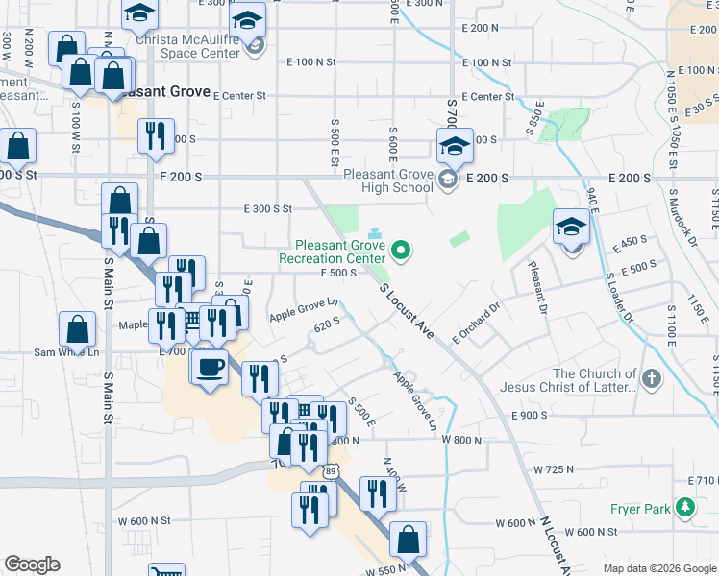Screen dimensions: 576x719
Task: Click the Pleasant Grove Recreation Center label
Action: pyautogui.click(x=333, y=252)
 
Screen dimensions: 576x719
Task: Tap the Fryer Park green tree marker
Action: pyautogui.click(x=684, y=506)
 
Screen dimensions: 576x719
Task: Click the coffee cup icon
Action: pyautogui.click(x=210, y=366)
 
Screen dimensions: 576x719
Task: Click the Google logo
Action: pyautogui.click(x=32, y=564)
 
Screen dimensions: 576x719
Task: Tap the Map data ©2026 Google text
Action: pyautogui.click(x=658, y=567)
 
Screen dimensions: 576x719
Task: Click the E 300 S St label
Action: pyautogui.click(x=268, y=208)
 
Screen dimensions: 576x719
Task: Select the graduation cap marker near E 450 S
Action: pyautogui.click(x=571, y=228)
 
